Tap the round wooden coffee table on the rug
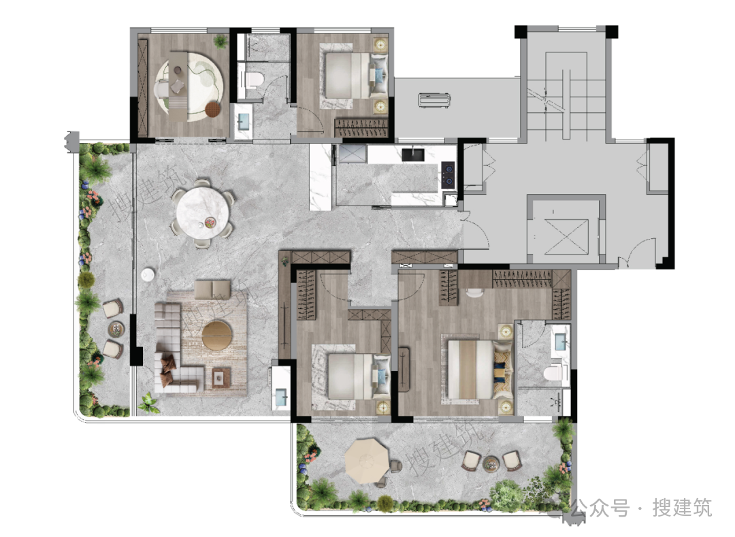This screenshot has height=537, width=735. click(x=216, y=335)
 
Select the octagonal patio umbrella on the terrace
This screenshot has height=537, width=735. click(x=367, y=459)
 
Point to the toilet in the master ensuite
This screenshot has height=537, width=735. click(x=553, y=374)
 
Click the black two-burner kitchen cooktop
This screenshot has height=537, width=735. click(x=448, y=174)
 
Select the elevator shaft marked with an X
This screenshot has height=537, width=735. click(x=566, y=237)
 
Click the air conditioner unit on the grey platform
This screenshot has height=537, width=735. click(x=434, y=100)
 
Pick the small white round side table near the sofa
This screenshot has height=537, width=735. click(x=148, y=274)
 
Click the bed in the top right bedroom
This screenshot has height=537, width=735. click(x=355, y=76)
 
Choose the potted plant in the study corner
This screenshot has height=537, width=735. click(x=220, y=42)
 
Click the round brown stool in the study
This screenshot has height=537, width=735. click(x=213, y=110)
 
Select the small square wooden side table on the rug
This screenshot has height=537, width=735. click(x=220, y=378)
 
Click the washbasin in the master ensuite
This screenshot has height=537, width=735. click(x=559, y=342)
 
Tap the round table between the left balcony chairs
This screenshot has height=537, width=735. click(x=116, y=329)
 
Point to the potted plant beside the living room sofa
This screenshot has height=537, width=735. click(x=149, y=403)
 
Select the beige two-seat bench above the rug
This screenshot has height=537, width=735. click(x=212, y=289)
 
